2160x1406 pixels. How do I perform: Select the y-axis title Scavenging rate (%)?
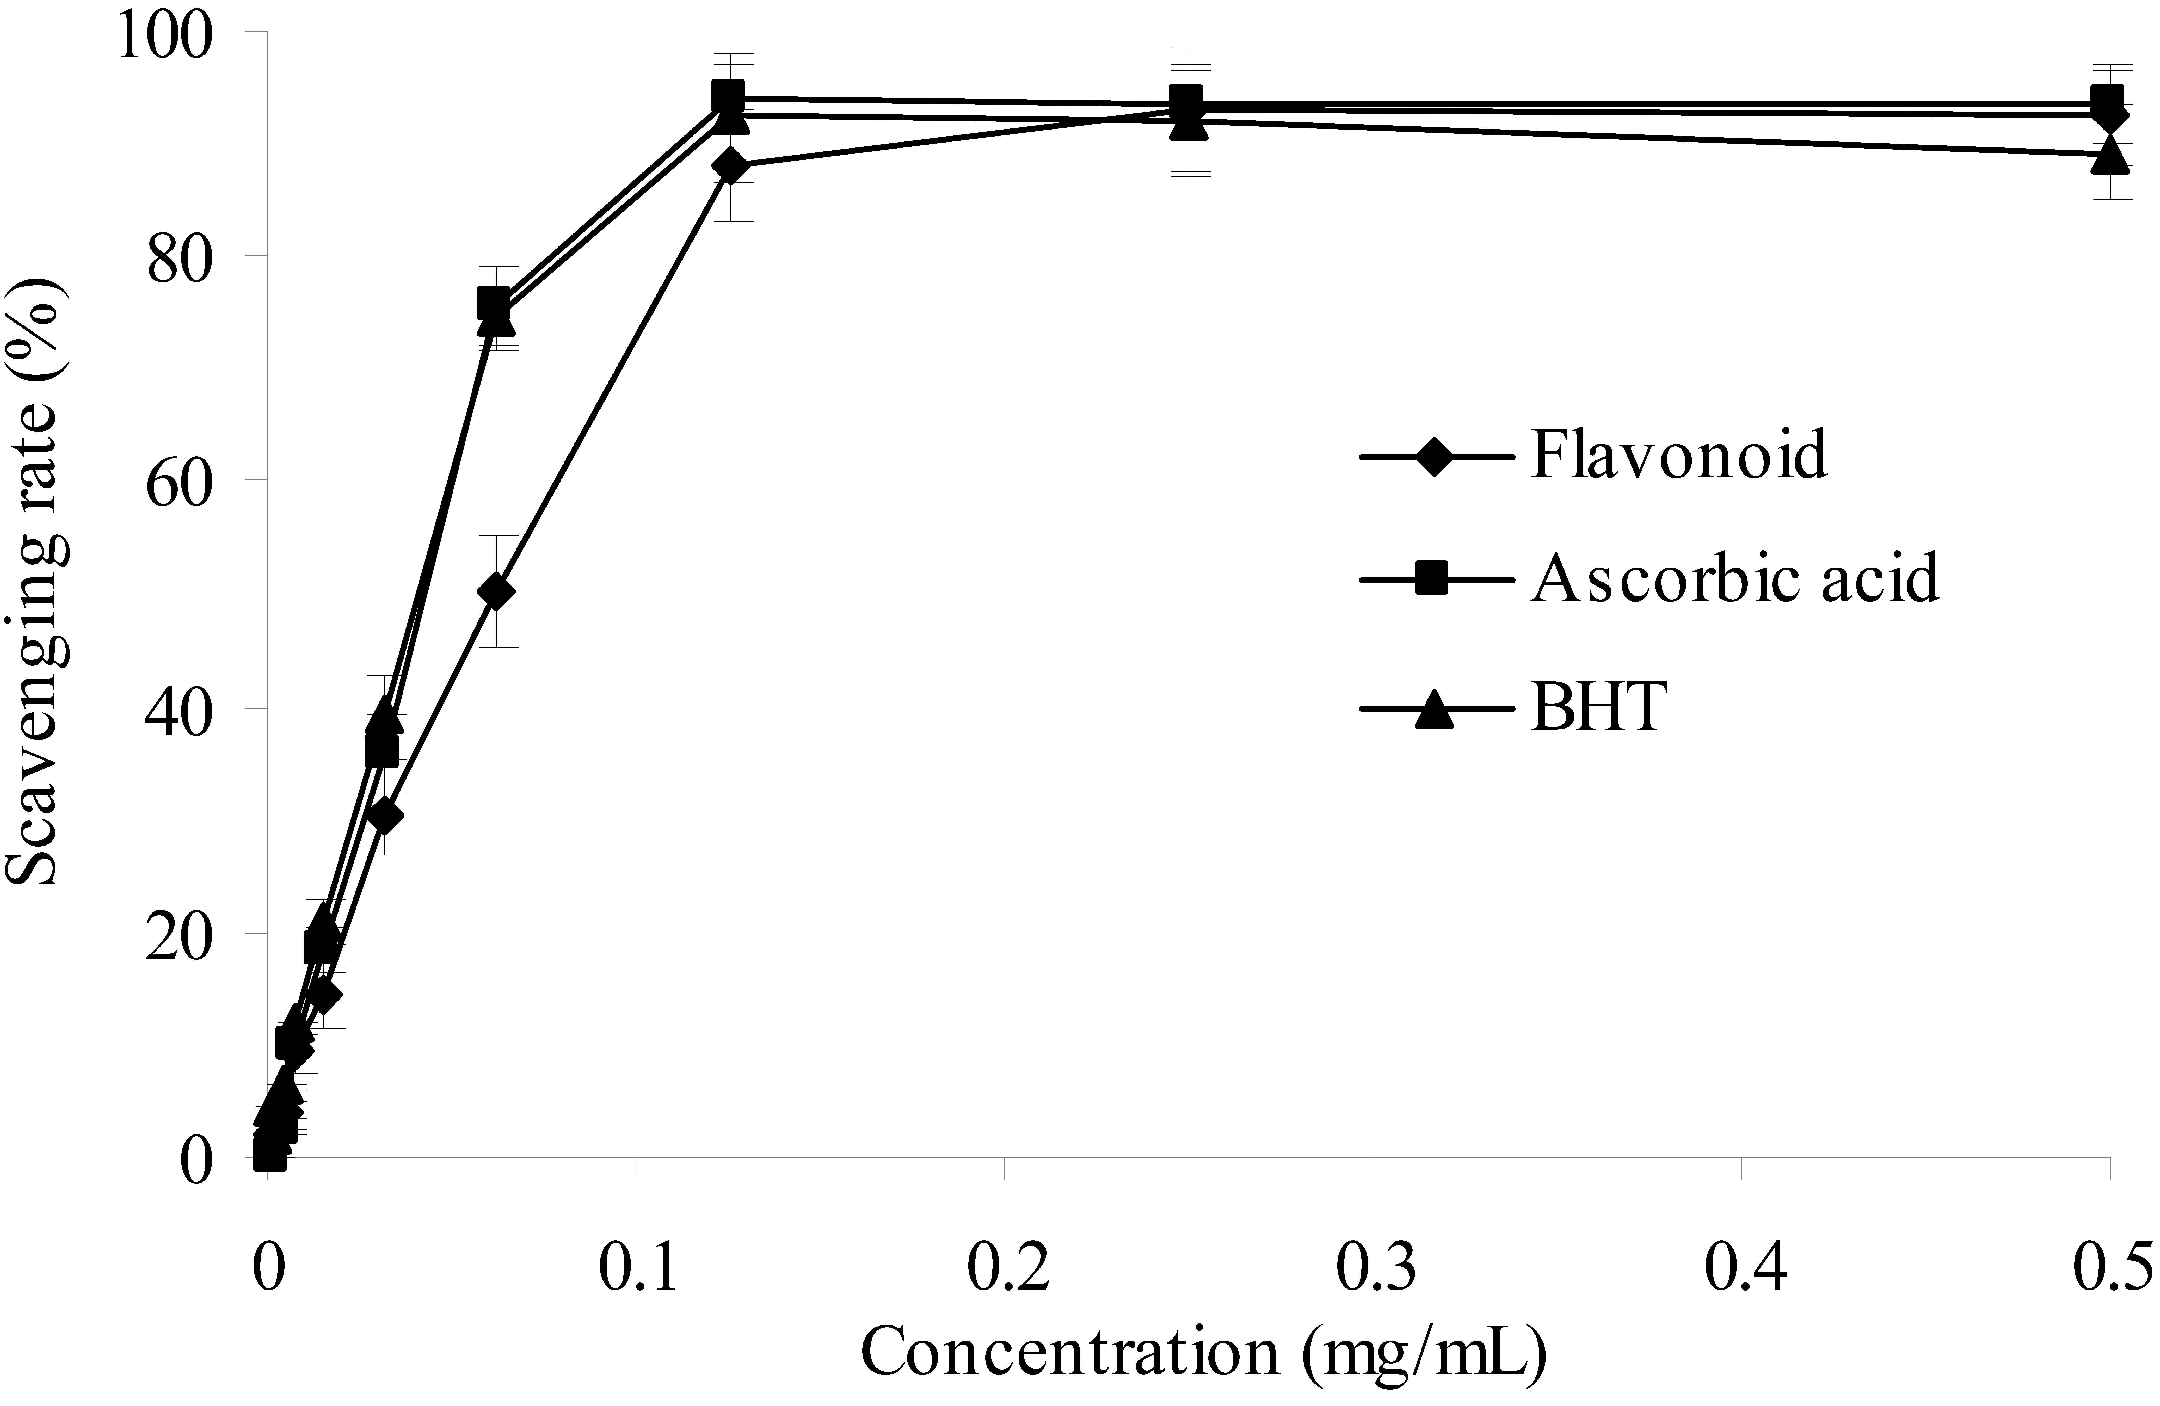point(34,581)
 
